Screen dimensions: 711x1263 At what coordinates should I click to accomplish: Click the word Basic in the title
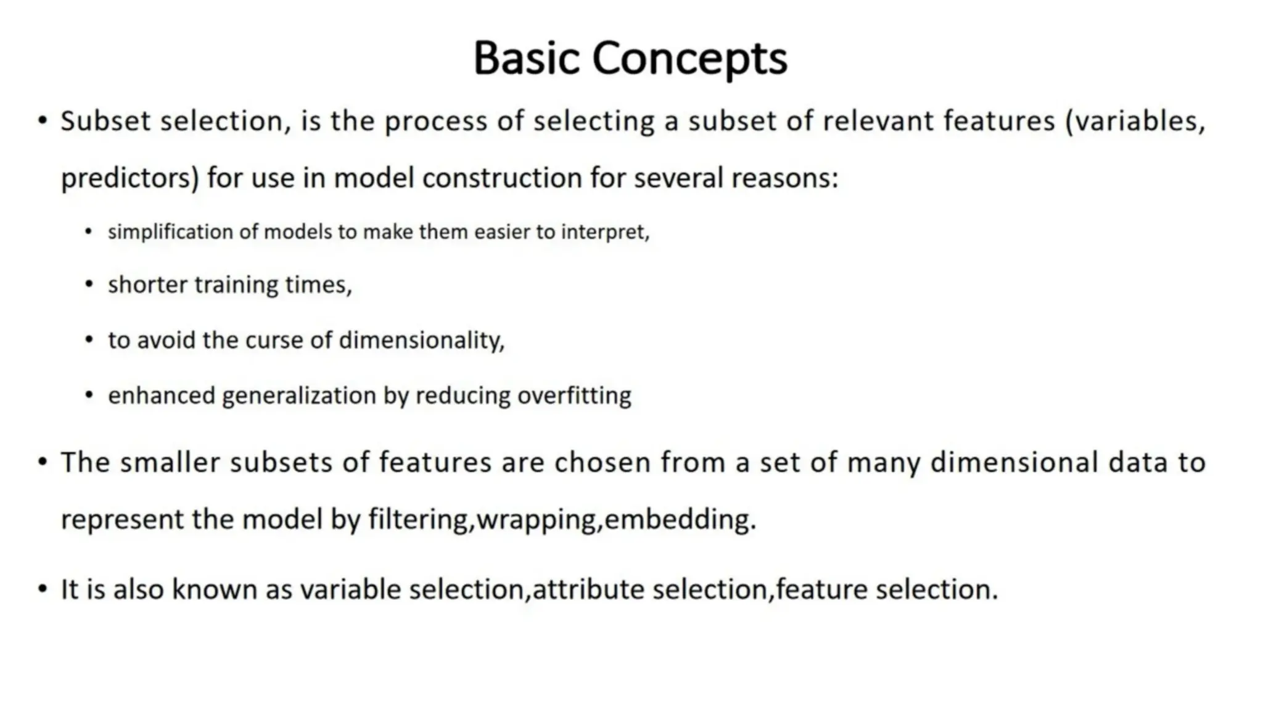[x=527, y=58]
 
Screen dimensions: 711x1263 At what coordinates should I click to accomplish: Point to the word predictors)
[x=130, y=178]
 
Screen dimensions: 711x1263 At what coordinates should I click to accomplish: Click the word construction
[x=502, y=178]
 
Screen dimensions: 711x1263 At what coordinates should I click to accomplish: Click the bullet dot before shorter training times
[x=89, y=285]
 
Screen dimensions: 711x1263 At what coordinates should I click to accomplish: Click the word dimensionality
[x=421, y=340]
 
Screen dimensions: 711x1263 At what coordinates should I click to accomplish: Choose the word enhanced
[x=161, y=396]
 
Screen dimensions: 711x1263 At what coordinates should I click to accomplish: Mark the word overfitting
[x=574, y=396]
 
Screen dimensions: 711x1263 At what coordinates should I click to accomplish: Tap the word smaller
[x=170, y=462]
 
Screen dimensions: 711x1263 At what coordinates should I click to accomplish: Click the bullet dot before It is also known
[x=42, y=589]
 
